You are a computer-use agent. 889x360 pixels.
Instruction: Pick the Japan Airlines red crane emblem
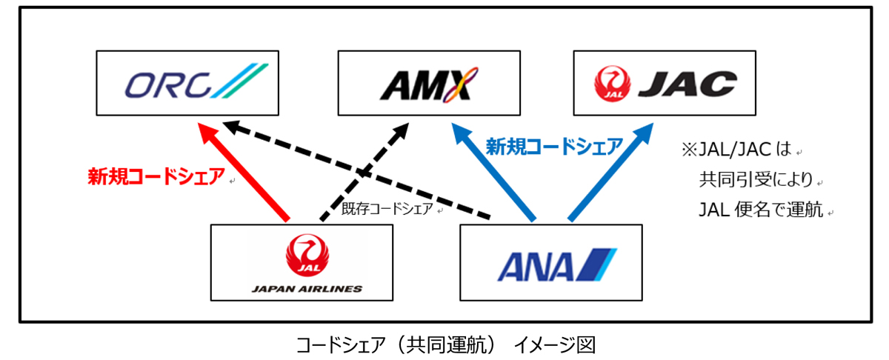[302, 254]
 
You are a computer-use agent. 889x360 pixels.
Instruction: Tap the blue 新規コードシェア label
[553, 147]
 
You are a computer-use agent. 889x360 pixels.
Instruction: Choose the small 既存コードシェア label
[387, 210]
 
